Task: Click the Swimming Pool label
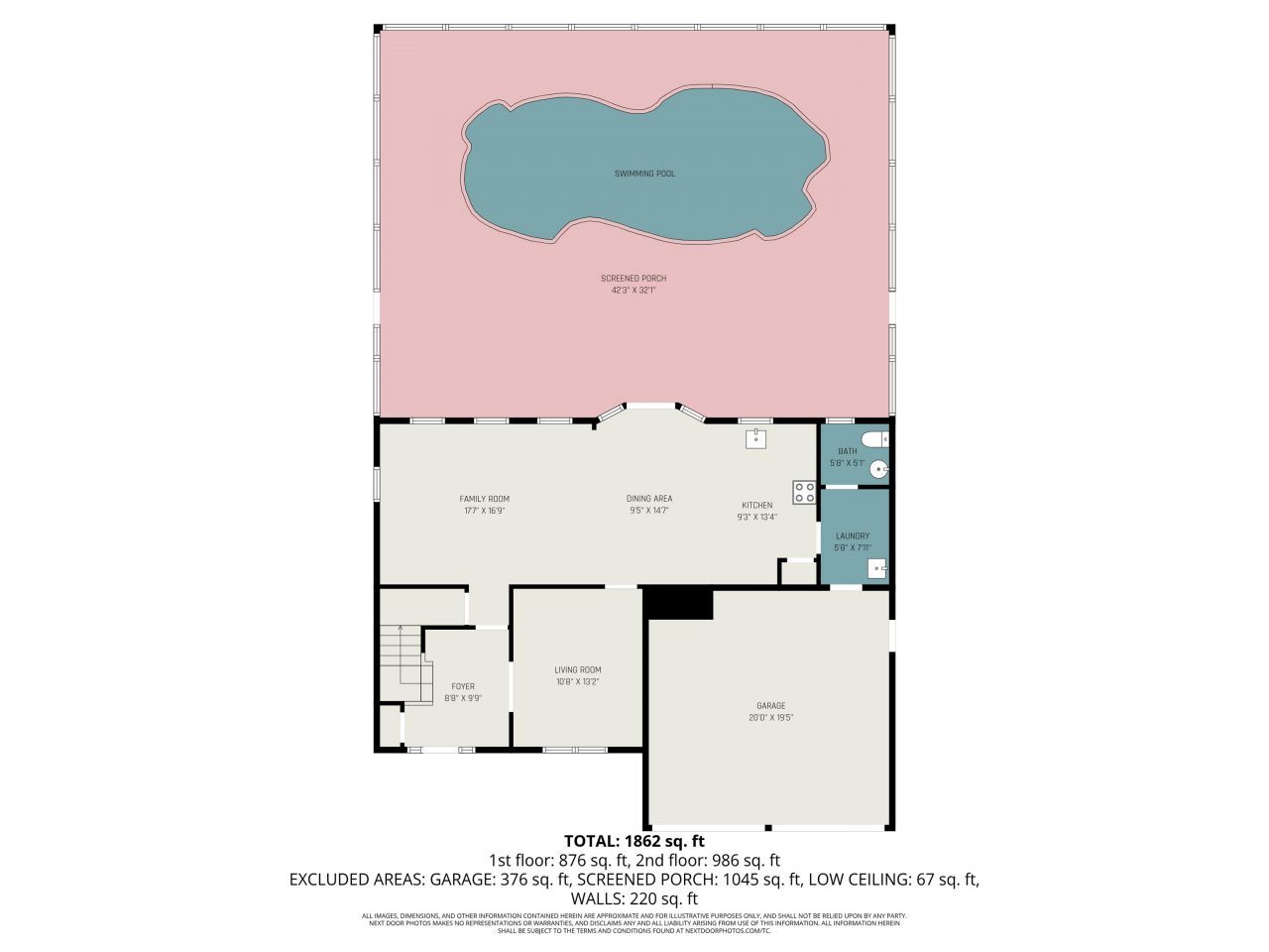[643, 174]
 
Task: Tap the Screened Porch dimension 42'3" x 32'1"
[634, 291]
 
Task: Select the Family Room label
[484, 499]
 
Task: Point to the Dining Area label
[649, 499]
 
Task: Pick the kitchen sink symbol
[756, 438]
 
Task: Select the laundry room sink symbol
[877, 568]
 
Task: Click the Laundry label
[852, 535]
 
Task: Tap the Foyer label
[463, 686]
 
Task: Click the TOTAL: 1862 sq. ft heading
[634, 841]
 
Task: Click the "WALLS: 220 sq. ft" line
[634, 898]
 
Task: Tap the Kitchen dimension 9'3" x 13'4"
[756, 517]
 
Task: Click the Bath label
[847, 451]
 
